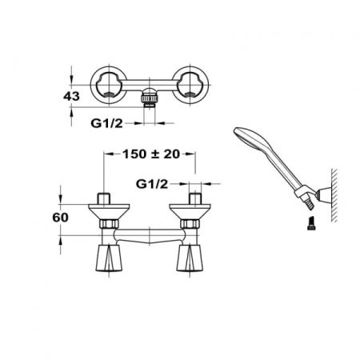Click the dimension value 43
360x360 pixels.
(x=71, y=96)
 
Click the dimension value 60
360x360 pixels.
(x=60, y=218)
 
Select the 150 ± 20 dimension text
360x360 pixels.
(x=151, y=154)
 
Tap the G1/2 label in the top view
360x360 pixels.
(x=106, y=123)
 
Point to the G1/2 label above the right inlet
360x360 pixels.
(x=152, y=184)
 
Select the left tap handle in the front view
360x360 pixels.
(x=109, y=258)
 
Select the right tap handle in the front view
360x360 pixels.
(x=190, y=258)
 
